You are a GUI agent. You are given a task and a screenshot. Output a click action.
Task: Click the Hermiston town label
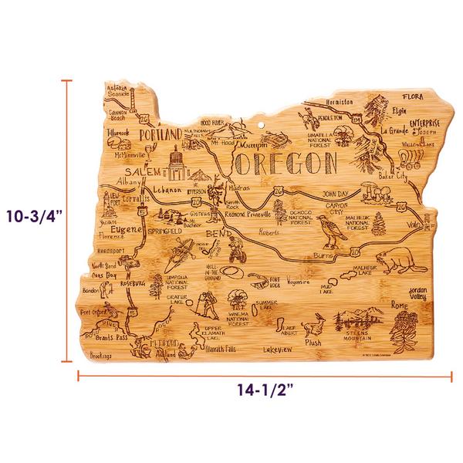340,101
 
